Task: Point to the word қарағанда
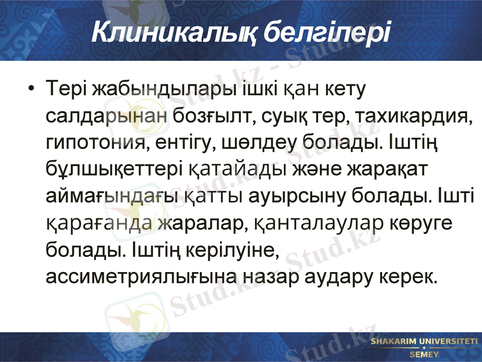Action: click(99, 223)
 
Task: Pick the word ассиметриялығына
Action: click(142, 276)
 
